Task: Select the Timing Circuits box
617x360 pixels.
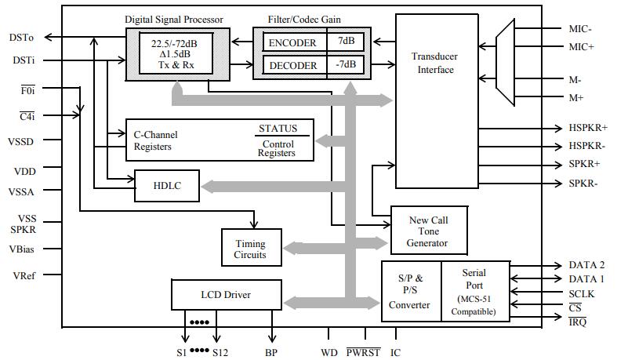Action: point(249,249)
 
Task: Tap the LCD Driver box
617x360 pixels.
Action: point(226,295)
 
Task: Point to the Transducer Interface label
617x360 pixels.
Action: point(435,63)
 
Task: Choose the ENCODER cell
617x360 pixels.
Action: point(292,42)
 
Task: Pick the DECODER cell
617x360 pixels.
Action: point(292,65)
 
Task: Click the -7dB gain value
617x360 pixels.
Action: point(346,65)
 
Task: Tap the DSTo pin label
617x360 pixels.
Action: point(21,37)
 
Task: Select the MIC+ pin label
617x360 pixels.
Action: point(581,47)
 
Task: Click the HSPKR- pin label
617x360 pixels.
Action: point(587,146)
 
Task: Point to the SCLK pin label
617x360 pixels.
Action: point(583,293)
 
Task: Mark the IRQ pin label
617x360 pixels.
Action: point(578,322)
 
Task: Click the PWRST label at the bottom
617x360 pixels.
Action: point(363,352)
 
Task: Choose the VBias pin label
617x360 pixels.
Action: point(24,249)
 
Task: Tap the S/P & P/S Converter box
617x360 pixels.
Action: point(409,292)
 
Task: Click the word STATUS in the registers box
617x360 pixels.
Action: point(278,129)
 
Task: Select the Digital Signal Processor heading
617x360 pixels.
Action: point(174,19)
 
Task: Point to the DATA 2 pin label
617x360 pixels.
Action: point(586,265)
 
